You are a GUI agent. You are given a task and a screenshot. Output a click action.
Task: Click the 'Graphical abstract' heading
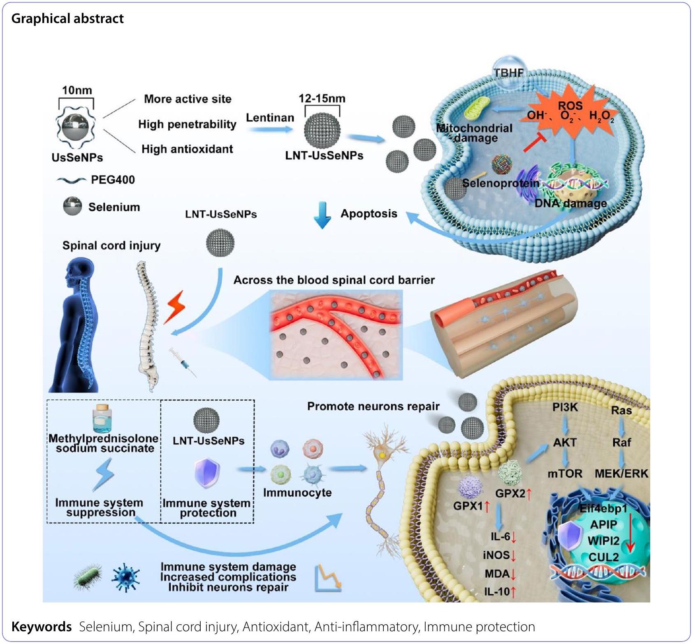click(x=67, y=19)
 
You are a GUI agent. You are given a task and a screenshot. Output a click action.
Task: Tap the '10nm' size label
click(x=77, y=90)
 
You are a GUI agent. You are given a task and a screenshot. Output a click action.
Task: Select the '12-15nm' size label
click(x=322, y=98)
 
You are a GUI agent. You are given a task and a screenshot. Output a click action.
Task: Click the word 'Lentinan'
click(x=270, y=118)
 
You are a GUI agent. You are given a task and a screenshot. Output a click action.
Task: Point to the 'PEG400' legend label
click(x=113, y=180)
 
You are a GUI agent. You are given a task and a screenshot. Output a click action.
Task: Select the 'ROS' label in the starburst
click(x=570, y=105)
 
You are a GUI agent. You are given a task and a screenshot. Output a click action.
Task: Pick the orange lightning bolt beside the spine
click(x=174, y=307)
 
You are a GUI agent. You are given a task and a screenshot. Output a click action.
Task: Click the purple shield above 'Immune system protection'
click(x=207, y=473)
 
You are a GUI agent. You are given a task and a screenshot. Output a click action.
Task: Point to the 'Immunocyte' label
click(x=297, y=492)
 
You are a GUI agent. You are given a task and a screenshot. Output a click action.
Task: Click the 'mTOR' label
click(x=565, y=474)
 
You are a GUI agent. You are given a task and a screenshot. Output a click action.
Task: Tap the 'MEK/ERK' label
click(x=621, y=474)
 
